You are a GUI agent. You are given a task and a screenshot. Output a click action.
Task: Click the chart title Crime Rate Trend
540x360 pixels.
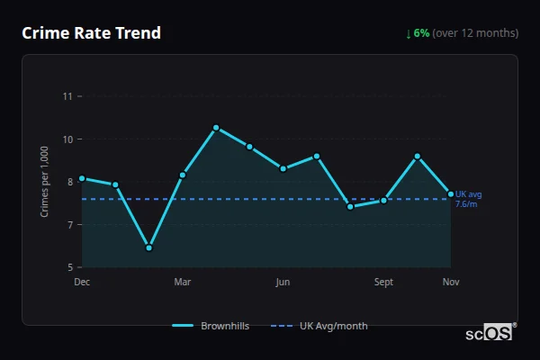92,33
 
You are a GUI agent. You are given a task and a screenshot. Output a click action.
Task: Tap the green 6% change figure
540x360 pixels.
421,33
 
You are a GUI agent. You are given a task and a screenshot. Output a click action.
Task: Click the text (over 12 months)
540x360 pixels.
475,33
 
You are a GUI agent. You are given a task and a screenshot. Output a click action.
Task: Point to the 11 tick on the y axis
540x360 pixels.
67,96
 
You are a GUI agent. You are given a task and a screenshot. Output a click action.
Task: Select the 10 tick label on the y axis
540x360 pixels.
67,139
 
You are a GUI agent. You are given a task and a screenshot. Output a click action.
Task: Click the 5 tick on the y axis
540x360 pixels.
70,267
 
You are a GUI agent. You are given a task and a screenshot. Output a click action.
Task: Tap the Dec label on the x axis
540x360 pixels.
82,282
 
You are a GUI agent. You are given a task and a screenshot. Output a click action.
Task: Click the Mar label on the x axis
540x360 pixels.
183,282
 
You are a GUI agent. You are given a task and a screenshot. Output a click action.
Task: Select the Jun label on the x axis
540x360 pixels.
283,282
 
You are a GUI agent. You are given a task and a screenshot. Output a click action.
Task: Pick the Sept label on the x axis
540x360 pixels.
383,282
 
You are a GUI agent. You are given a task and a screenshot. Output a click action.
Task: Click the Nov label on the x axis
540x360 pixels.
451,282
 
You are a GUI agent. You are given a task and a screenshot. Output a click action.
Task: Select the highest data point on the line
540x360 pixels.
216,128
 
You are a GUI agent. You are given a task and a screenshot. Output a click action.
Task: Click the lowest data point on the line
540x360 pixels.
148,247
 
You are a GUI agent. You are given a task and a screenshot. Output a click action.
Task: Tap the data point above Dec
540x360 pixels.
82,178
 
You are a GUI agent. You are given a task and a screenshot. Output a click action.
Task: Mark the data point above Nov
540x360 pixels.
451,194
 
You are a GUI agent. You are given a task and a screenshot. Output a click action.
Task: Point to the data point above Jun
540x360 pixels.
283,168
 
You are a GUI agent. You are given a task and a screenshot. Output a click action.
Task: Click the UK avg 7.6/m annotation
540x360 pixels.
469,199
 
